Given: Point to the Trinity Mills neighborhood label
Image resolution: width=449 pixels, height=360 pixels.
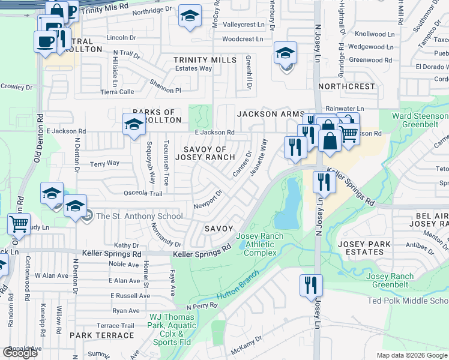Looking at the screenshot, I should pos(204,60).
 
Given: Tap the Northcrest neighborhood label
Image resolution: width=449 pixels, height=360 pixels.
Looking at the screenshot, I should pos(346,86).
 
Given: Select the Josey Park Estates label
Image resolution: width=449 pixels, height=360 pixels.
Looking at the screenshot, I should pos(364,248).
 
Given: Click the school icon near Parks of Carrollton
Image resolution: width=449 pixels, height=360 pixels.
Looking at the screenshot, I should pos(133,124).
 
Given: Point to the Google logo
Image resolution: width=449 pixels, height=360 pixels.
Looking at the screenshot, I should pos(20,353).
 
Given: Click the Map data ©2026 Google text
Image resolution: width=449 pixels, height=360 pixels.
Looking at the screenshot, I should pos(412,355).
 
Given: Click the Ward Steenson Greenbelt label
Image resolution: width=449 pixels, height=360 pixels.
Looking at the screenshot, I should pos(420,121).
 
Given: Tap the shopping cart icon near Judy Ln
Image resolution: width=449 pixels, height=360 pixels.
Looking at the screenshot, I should pos(19,224).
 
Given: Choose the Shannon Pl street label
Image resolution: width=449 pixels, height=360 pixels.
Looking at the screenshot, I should pos(165,90).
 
